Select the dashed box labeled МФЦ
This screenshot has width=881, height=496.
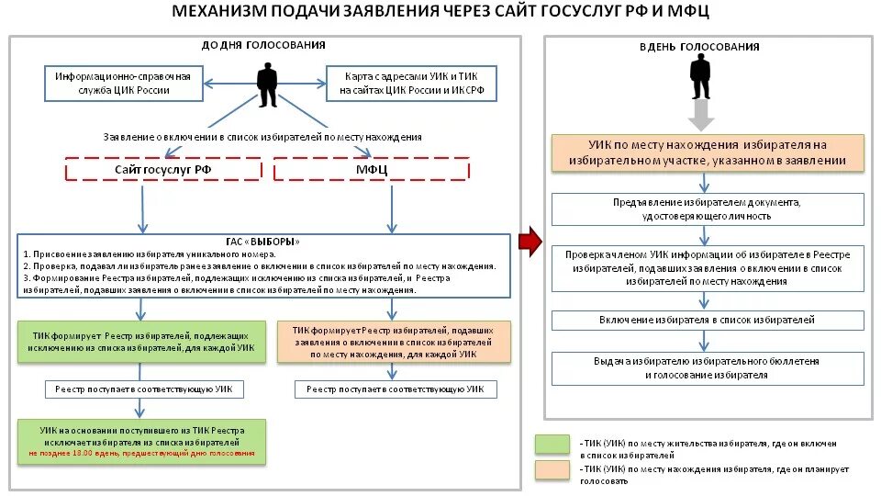(372, 170)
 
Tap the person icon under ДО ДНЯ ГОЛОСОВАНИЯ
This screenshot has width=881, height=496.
(267, 85)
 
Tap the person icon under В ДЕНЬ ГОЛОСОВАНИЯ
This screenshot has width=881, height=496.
(700, 77)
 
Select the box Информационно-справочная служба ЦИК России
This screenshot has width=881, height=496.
(122, 84)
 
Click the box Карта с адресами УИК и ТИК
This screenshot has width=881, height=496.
(411, 84)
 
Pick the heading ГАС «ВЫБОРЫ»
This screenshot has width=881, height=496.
(264, 242)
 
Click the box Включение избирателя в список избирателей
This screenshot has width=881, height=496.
(707, 321)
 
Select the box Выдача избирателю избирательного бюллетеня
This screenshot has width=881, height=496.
(707, 368)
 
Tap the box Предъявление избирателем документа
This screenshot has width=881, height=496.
(707, 209)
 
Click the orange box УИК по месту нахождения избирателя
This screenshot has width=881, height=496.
(707, 152)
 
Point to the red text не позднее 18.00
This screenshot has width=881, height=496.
(141, 455)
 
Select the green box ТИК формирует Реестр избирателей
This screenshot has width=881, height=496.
(141, 341)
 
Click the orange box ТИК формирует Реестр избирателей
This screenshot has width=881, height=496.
(393, 341)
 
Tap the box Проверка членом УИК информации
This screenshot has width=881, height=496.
(707, 267)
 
